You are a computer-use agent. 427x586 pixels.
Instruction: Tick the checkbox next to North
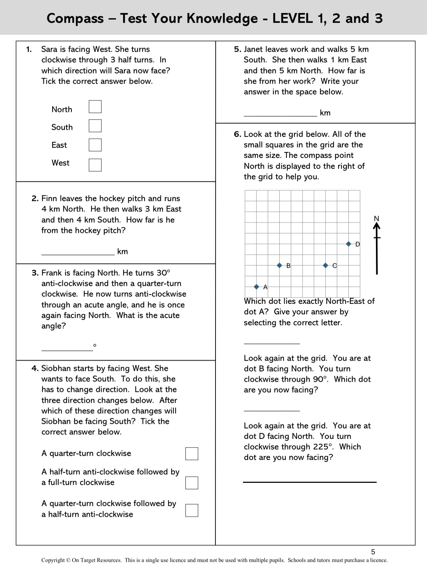tap(95, 107)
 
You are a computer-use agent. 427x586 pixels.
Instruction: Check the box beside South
tap(95, 126)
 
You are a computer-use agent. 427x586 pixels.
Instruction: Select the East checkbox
tap(95, 145)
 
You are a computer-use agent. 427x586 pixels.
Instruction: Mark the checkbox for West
tap(95, 165)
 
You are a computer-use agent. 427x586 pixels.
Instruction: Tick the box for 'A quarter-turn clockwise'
tap(192, 453)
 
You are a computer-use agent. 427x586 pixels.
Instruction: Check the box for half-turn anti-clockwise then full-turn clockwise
tap(192, 483)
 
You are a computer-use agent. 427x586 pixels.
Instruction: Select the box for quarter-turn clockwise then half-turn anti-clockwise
tap(192, 510)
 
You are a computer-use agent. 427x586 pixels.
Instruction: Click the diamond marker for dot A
tap(256, 287)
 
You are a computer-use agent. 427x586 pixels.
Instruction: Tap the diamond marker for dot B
tap(279, 265)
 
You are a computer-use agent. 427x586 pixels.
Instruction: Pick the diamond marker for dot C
tap(325, 265)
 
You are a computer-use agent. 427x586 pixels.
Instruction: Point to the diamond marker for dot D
tap(348, 244)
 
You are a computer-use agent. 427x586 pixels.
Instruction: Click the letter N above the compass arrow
tap(377, 218)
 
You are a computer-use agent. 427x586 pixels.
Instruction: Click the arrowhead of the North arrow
tap(377, 226)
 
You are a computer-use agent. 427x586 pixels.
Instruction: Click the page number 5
tap(373, 552)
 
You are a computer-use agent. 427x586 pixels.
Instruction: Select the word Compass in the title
tap(75, 18)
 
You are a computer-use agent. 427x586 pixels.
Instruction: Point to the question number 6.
tap(237, 134)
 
